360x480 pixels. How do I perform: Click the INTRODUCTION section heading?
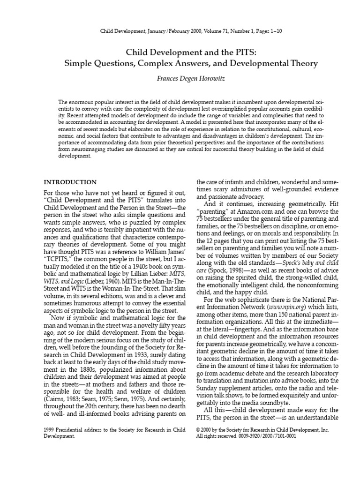[70, 182]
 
